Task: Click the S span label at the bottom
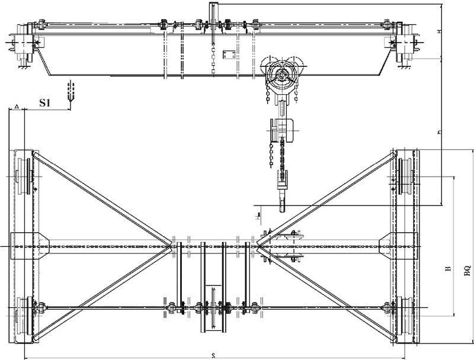point(213,355)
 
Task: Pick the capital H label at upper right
point(438,31)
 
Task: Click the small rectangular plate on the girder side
point(228,55)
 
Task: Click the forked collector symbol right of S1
point(71,95)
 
